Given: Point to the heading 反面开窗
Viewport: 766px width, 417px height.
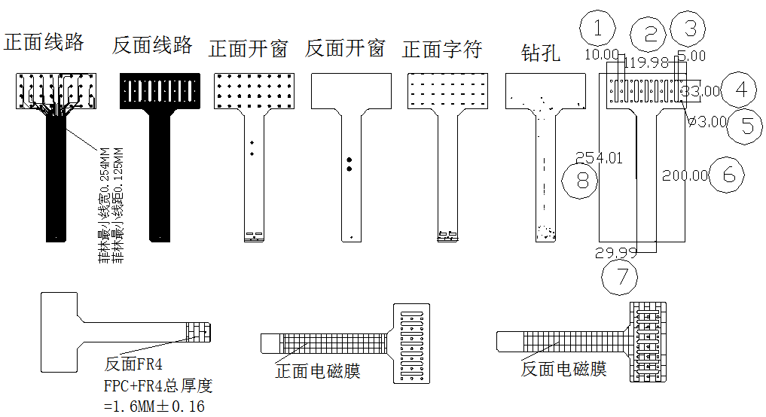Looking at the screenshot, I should [345, 49].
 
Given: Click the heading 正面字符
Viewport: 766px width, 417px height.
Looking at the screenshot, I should [442, 50].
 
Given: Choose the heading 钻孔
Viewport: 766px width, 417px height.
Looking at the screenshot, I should [541, 52].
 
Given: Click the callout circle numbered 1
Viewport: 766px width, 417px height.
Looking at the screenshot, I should [597, 29].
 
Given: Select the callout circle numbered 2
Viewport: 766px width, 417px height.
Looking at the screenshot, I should [651, 33].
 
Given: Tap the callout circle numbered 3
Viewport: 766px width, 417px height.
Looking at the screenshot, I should [689, 29].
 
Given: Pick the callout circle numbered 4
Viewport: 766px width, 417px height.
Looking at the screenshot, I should [741, 90].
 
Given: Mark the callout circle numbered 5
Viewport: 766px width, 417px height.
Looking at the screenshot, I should [747, 124].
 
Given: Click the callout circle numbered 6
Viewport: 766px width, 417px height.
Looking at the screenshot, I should [728, 175].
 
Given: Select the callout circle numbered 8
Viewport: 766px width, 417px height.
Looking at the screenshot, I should [580, 180].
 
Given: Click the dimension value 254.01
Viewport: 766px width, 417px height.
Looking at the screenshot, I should [600, 158].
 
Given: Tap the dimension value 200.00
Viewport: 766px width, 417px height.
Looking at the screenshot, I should [685, 175].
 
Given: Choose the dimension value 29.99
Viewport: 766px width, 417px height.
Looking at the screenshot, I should [615, 253].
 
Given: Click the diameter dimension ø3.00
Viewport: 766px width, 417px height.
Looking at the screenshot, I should [707, 121].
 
